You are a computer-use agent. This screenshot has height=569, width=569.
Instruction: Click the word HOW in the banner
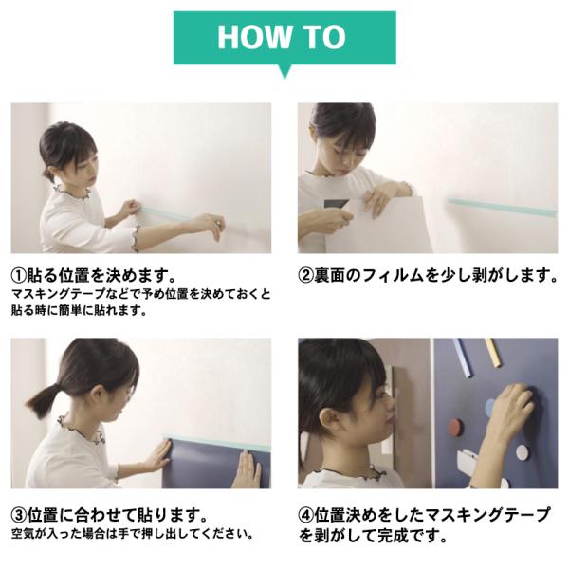[x=255, y=37]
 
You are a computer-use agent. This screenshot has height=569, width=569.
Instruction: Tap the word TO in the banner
[x=324, y=37]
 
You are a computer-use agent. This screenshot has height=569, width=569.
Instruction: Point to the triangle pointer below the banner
[x=284, y=71]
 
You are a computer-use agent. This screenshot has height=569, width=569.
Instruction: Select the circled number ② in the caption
[x=305, y=275]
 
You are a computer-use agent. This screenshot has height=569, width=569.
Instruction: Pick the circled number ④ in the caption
[x=305, y=515]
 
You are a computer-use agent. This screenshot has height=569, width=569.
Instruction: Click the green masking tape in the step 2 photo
[x=503, y=207]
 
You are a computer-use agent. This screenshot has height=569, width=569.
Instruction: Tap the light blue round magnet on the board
[x=490, y=407]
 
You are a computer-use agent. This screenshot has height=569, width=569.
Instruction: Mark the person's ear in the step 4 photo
[x=329, y=419]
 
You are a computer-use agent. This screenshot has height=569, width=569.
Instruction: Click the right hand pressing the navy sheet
[x=248, y=469]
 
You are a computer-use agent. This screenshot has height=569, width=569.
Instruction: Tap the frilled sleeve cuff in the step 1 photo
[x=136, y=239]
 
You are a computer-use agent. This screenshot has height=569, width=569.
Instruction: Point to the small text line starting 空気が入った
[x=133, y=534]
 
